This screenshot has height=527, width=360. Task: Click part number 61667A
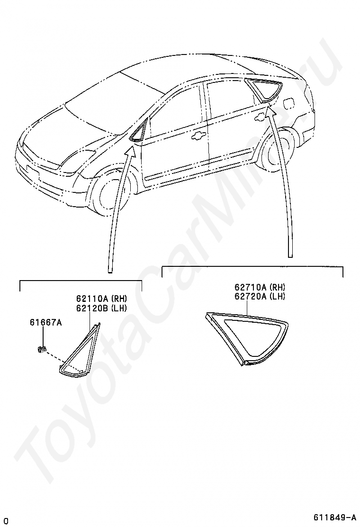click(45, 323)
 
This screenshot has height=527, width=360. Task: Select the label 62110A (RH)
click(101, 299)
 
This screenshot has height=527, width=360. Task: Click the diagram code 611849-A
click(334, 517)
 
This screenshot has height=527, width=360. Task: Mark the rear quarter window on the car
click(265, 90)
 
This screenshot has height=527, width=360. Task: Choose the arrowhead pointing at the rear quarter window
click(271, 110)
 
